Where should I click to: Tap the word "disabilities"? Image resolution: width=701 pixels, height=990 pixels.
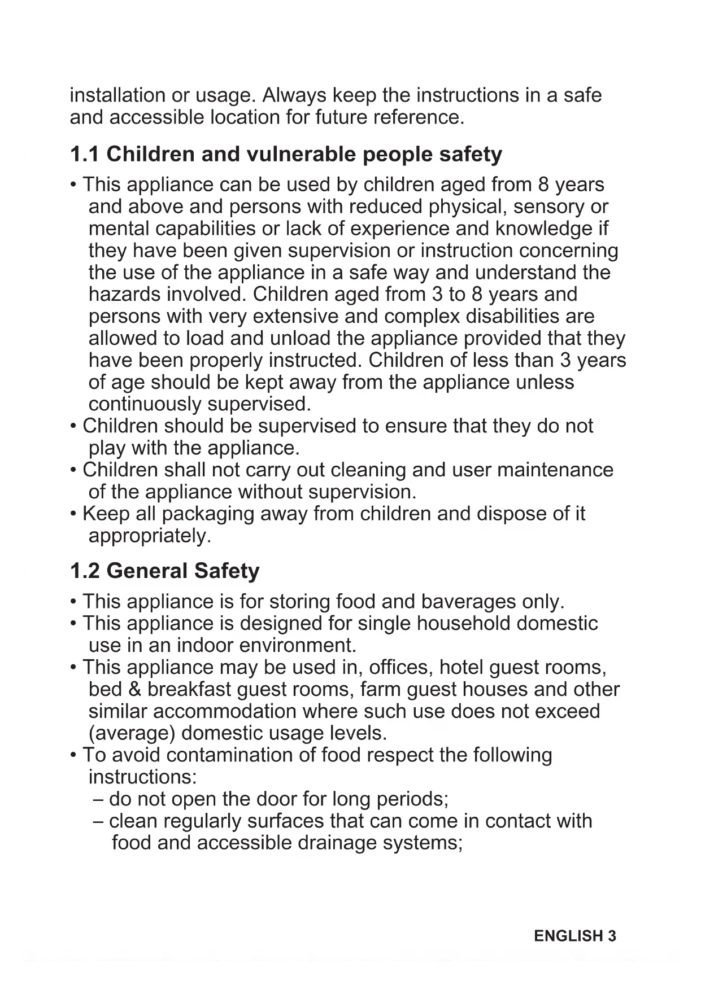click(512, 316)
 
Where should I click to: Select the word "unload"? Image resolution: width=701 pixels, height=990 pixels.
click(300, 338)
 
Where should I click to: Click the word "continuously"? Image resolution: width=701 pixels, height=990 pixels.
click(145, 404)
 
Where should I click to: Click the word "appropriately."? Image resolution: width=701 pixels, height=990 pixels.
click(150, 536)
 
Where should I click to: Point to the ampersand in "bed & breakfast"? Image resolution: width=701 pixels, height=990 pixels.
click(135, 690)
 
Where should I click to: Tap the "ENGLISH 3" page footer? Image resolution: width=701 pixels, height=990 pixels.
click(575, 936)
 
